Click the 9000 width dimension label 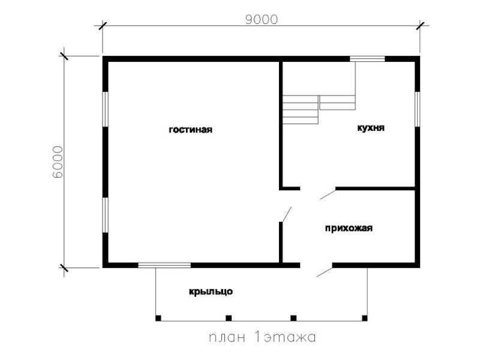click(262, 20)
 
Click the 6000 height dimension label click(58, 162)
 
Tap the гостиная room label click(190, 130)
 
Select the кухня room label click(371, 128)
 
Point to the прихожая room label click(349, 229)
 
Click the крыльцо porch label click(211, 292)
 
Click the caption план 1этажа click(262, 337)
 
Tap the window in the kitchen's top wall click(367, 59)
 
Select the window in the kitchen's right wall click(417, 109)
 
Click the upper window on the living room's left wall click(106, 109)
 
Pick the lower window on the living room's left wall click(106, 215)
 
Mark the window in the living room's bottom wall click(164, 265)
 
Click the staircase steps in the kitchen click(319, 109)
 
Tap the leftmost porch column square click(158, 318)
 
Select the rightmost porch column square click(365, 318)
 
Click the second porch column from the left click(229, 318)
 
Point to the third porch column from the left click(293, 318)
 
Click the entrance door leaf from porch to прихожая click(325, 272)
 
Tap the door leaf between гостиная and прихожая click(286, 214)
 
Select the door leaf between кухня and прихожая click(328, 194)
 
